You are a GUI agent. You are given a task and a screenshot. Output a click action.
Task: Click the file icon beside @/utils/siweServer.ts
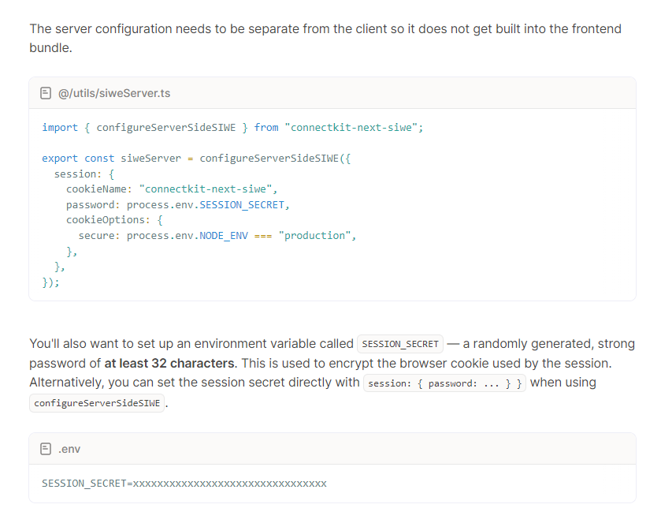(x=46, y=93)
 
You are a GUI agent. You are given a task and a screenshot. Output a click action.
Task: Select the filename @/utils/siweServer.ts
(x=114, y=93)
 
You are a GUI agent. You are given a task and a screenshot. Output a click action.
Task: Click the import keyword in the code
(x=60, y=127)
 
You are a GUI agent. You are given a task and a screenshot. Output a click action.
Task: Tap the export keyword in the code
(x=60, y=158)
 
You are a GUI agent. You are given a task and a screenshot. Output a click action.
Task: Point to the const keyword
(x=99, y=158)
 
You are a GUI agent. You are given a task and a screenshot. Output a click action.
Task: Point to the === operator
(x=263, y=236)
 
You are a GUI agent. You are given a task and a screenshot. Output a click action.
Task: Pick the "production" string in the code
(x=314, y=236)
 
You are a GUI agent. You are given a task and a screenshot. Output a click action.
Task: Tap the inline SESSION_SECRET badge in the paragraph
(x=400, y=344)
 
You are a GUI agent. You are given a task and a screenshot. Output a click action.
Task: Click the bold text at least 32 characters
(x=169, y=364)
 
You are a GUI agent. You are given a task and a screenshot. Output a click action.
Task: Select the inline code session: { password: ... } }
(x=445, y=383)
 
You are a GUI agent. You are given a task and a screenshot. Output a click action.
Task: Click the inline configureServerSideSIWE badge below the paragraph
(x=97, y=403)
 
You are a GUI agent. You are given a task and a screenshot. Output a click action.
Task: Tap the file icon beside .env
(x=46, y=449)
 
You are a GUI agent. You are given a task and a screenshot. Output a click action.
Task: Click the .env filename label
(x=69, y=449)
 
